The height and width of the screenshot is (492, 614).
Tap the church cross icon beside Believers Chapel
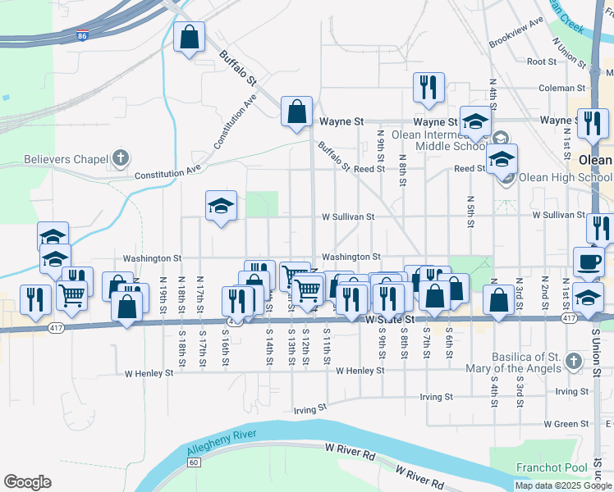[x=121, y=157]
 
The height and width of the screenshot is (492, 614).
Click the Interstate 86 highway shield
[x=81, y=36]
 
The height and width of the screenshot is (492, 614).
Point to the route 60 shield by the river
[x=193, y=462]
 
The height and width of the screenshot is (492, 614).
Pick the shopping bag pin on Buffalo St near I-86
[x=189, y=37]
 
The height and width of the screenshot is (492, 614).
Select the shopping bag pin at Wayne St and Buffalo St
[x=296, y=112]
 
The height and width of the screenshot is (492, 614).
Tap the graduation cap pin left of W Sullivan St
[x=221, y=206]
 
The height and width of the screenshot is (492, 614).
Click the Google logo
[x=27, y=482]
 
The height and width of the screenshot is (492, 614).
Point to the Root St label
[x=542, y=61]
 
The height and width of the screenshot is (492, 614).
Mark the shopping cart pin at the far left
[x=72, y=294]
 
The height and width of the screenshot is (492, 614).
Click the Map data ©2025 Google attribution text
[x=564, y=485]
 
